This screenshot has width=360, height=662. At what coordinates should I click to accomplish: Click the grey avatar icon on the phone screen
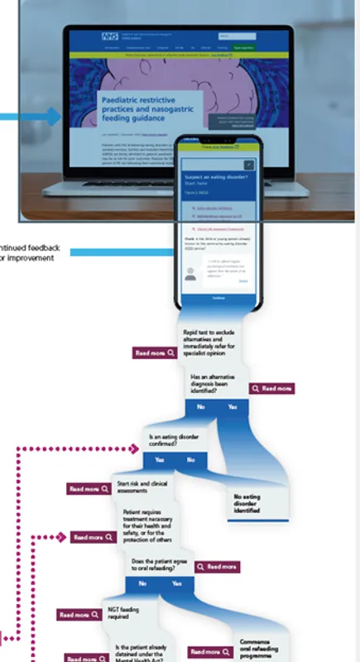(191, 274)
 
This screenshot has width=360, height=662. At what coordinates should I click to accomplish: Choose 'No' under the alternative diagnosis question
(200, 407)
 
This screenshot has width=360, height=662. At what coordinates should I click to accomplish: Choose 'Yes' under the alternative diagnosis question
(233, 407)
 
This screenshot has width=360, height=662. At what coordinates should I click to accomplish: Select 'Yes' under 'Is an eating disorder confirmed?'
(159, 459)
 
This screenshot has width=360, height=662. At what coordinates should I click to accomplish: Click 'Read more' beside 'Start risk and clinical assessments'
(89, 489)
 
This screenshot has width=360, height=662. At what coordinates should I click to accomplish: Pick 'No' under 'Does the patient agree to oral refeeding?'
(143, 583)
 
